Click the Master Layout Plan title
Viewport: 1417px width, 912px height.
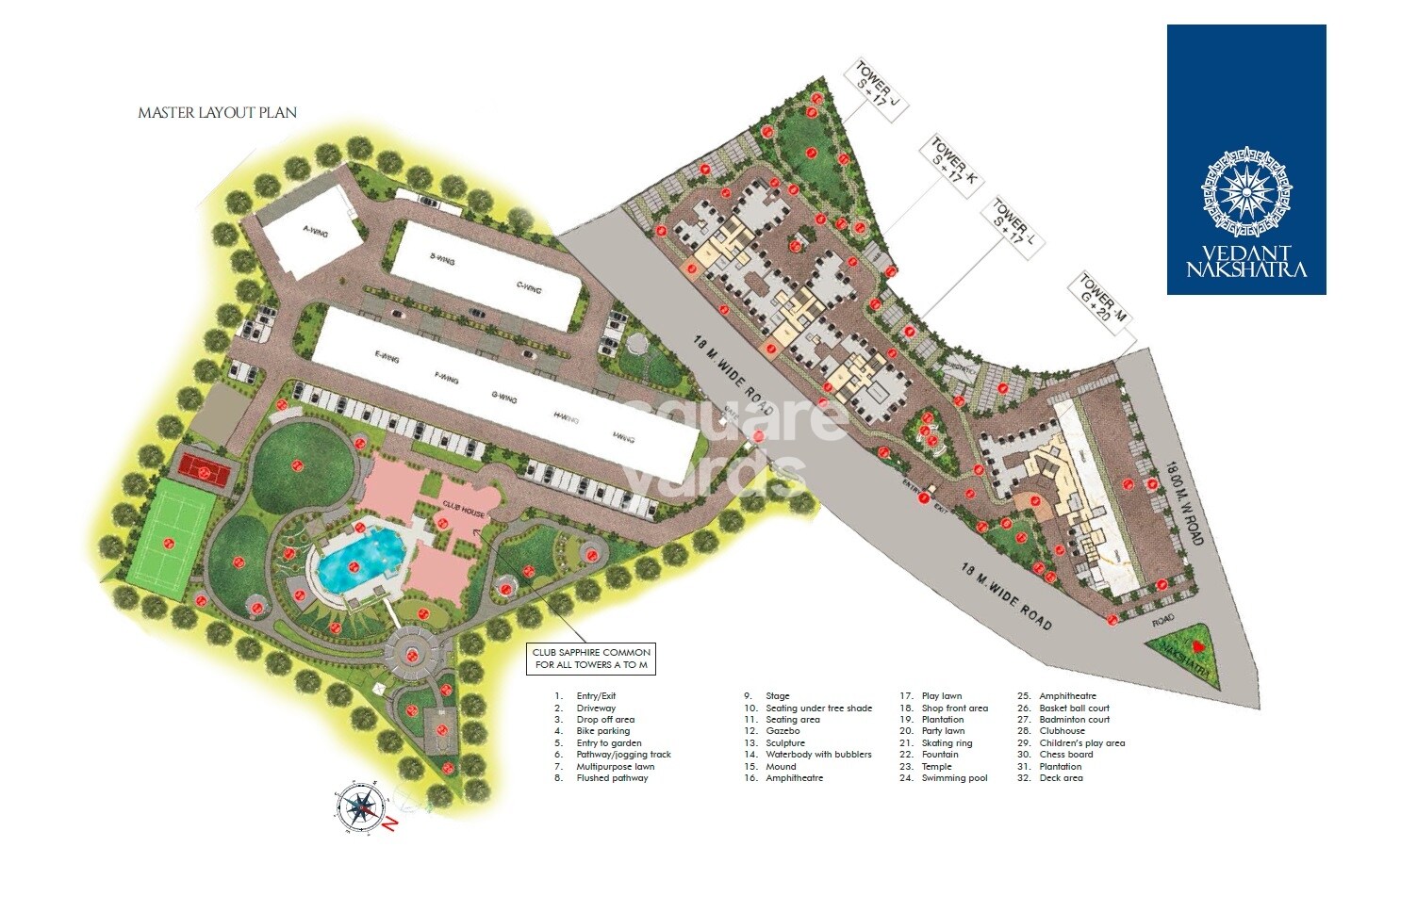coord(218,113)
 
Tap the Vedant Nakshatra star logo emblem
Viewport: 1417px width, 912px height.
coord(1246,191)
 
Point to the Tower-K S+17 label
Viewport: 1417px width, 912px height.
coord(949,166)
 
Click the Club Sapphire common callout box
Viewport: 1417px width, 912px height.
coord(591,659)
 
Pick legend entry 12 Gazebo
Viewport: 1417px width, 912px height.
coord(783,731)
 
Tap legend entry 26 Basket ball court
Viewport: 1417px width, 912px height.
coord(1074,708)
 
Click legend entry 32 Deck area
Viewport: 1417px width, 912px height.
coord(1061,778)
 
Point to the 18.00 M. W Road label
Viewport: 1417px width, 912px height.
coord(1183,502)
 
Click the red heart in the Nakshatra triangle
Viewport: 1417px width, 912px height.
coord(1197,647)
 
